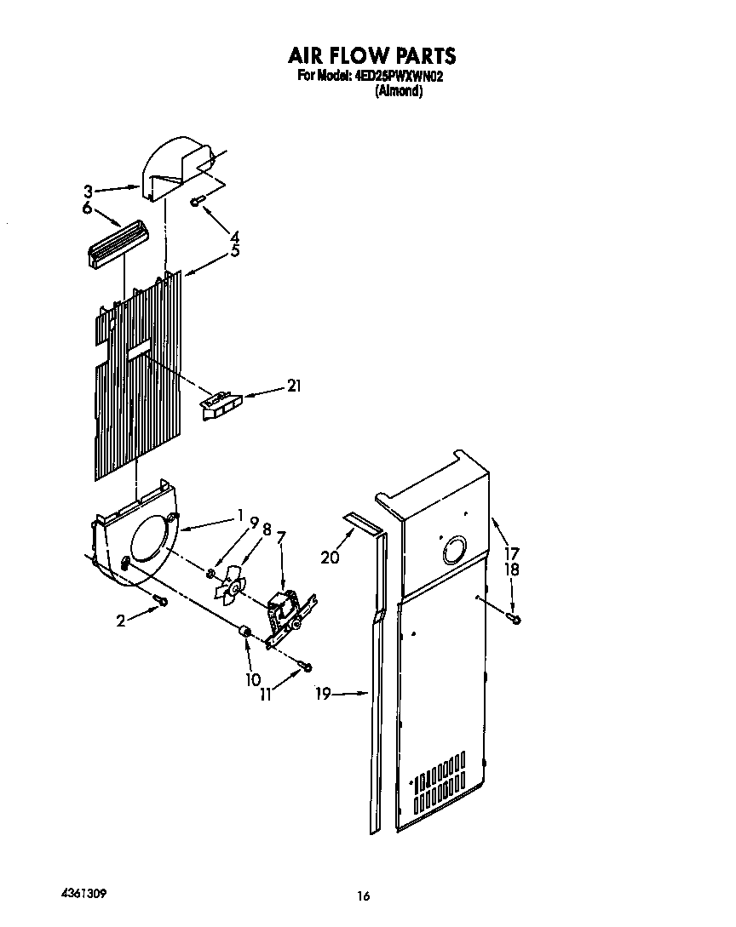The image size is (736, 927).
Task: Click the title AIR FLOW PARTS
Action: (371, 56)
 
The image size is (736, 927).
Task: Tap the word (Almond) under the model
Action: (399, 91)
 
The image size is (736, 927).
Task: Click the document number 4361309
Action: (83, 895)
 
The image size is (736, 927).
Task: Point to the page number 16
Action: (364, 896)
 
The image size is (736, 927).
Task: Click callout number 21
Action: (295, 386)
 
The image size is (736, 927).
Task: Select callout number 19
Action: (321, 695)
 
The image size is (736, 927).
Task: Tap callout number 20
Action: (330, 558)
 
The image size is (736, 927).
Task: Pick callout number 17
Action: (511, 552)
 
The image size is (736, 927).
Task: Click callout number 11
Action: (266, 694)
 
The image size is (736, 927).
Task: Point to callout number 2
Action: (121, 621)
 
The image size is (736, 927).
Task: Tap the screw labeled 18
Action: (514, 618)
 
